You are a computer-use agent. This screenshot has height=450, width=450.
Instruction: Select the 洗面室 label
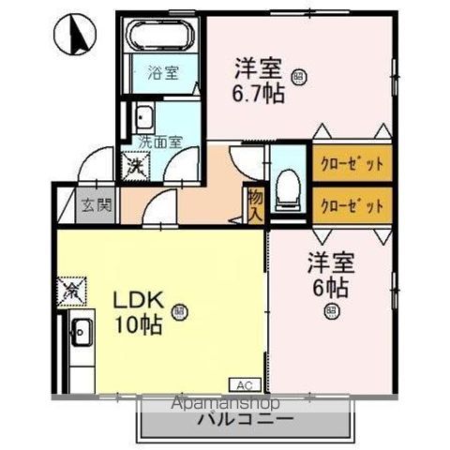(x=160, y=142)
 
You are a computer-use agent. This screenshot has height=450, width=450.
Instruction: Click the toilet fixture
(x=288, y=187)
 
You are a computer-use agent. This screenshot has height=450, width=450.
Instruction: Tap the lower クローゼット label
(x=349, y=205)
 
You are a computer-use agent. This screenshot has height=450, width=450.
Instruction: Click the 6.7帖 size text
(x=259, y=93)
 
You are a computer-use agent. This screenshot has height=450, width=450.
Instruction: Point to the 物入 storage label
(x=254, y=206)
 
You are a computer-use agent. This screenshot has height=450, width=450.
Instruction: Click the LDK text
(x=141, y=302)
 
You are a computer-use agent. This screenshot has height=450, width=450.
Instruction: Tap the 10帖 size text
(x=140, y=327)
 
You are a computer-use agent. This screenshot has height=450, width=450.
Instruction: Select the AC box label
(x=244, y=384)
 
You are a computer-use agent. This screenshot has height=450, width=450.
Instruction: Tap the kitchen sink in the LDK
(x=80, y=331)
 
